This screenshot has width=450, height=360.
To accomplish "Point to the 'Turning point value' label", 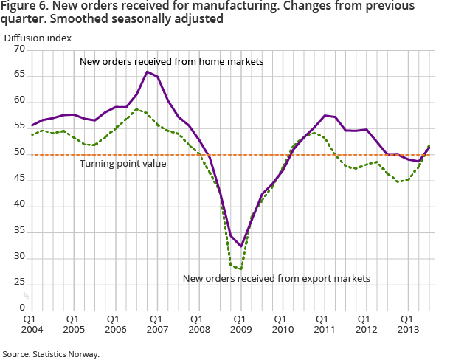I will click(123, 163).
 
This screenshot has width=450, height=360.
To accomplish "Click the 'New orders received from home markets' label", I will click(171, 61).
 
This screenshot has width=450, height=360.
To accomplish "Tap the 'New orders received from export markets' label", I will click(275, 278).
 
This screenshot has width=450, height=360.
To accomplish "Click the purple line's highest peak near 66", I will click(148, 72).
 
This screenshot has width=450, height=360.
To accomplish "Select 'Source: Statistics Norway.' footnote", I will click(51, 354).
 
